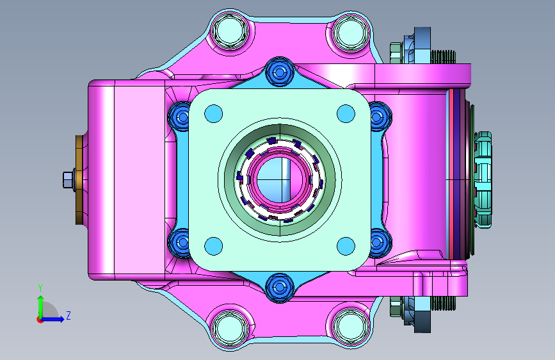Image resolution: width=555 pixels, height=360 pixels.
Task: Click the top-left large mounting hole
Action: (230, 31)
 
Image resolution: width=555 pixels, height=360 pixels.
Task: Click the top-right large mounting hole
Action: (350, 31)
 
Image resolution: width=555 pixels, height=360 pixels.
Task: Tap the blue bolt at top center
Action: (280, 72)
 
